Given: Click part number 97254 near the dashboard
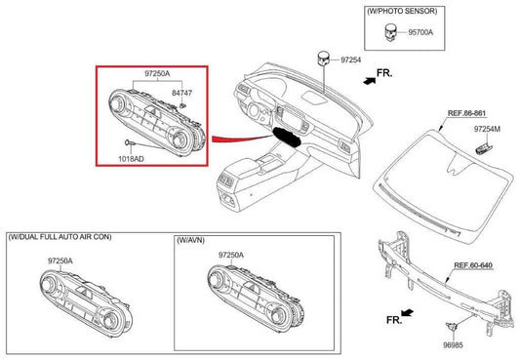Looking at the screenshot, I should click(x=350, y=60).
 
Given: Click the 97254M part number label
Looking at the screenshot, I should click(x=489, y=129).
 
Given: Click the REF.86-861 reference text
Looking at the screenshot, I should click(x=467, y=113).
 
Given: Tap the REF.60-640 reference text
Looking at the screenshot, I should click(x=473, y=264).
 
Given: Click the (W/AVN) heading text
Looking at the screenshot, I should click(x=194, y=238).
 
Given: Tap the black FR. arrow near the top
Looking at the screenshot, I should click(x=367, y=84).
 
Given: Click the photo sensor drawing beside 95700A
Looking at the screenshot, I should click(x=392, y=31).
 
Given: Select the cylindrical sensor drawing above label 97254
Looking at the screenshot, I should click(x=322, y=59).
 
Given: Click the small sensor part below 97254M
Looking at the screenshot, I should click(x=482, y=146).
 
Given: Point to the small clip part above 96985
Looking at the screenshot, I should click(x=453, y=325).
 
